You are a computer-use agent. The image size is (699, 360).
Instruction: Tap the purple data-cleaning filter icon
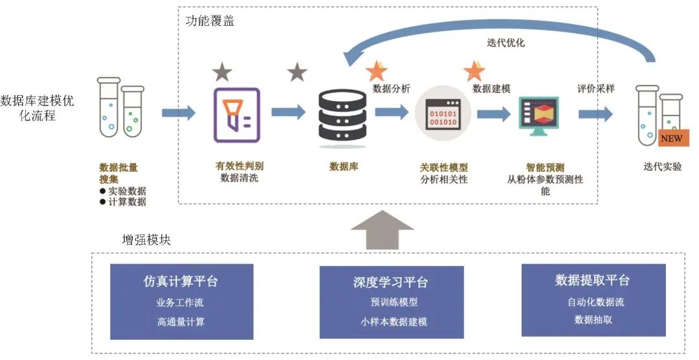[236, 115]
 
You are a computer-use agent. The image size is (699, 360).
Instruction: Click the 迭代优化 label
[505, 43]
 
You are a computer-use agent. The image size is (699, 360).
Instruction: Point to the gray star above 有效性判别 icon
[222, 73]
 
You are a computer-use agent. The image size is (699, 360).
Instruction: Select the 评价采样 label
[595, 89]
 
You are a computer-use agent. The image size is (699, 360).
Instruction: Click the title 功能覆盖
[210, 21]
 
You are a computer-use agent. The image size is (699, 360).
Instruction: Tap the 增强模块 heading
[146, 239]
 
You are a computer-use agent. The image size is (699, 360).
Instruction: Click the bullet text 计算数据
[127, 201]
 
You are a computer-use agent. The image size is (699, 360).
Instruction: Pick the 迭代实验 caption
[662, 166]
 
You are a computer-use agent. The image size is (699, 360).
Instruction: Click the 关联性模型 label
[443, 167]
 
